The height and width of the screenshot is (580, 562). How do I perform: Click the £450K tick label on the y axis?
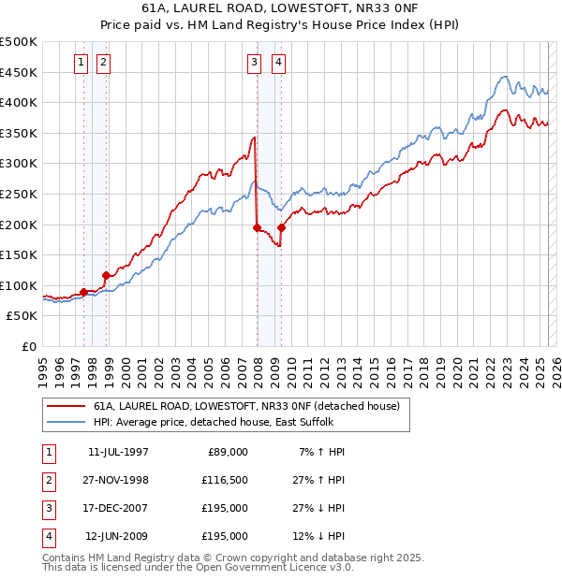coord(19,72)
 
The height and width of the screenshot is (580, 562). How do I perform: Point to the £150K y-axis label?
coord(19,254)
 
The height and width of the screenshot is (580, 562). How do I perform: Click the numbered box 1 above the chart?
coord(81,63)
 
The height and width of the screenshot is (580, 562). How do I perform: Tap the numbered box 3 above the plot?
coord(254,63)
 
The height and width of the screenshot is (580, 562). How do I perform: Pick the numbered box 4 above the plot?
coord(279,63)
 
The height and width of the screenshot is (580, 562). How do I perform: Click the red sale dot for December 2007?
coord(257,227)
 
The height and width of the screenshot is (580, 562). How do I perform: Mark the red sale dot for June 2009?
coord(281,227)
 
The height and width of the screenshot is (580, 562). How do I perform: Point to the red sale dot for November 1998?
coord(107,275)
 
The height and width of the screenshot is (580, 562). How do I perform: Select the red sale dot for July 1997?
coord(84,292)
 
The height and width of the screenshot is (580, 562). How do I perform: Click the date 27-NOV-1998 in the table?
coord(118,480)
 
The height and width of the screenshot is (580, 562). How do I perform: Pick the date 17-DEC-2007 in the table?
coord(118,508)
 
